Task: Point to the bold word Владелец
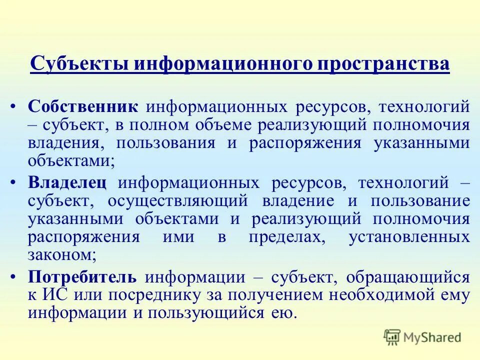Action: click(x=67, y=183)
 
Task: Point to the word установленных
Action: click(x=408, y=236)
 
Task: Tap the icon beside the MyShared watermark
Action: click(x=392, y=337)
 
